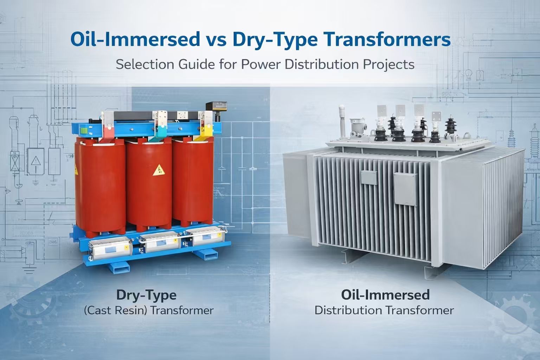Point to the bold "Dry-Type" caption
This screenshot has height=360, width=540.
pyautogui.click(x=146, y=295)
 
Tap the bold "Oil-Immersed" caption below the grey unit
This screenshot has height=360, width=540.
pyautogui.click(x=385, y=295)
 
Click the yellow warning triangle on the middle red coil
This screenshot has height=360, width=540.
pyautogui.click(x=158, y=170)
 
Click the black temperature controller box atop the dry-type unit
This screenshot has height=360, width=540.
pyautogui.click(x=216, y=106)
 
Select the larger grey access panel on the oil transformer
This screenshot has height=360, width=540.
pyautogui.click(x=406, y=189)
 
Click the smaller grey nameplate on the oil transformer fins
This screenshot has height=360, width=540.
pyautogui.click(x=369, y=177)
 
